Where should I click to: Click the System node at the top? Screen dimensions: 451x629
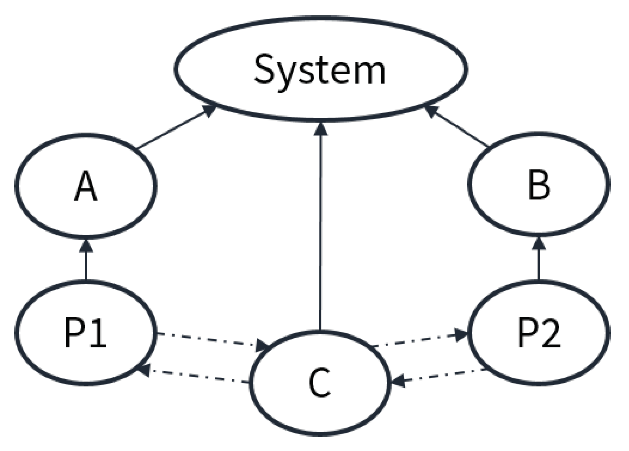click(320, 70)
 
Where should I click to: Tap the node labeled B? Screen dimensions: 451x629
click(539, 187)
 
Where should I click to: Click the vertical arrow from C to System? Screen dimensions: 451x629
click(319, 227)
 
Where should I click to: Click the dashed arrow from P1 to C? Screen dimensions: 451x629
click(212, 341)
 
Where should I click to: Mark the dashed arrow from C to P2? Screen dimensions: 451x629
click(419, 340)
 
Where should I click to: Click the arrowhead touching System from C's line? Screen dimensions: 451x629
click(319, 129)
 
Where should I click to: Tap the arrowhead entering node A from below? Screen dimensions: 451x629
click(86, 245)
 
